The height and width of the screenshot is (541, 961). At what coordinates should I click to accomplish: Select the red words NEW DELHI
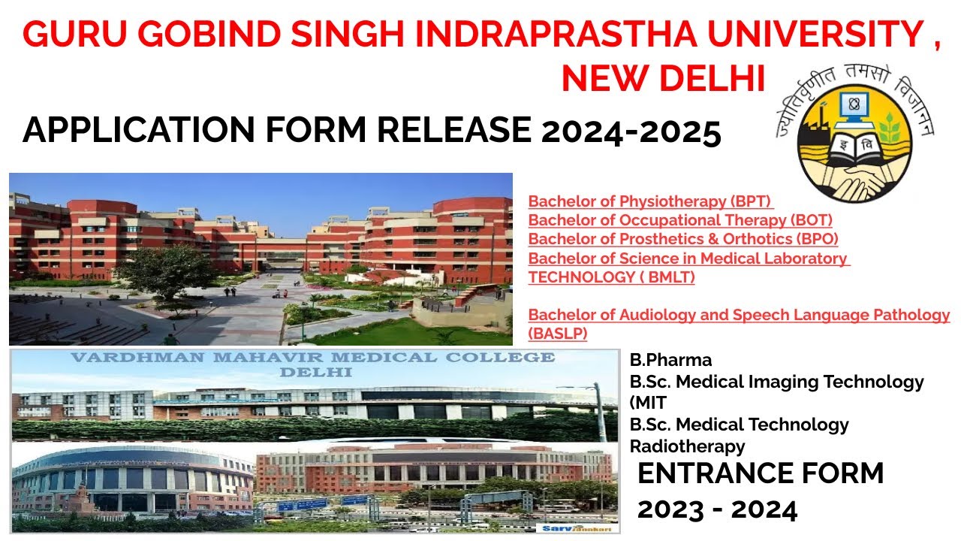(x=663, y=78)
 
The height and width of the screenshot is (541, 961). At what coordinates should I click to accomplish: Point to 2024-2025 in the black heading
(x=631, y=131)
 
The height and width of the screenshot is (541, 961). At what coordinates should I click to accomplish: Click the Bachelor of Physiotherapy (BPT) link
(x=650, y=201)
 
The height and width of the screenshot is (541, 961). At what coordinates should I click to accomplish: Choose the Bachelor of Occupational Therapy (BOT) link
(x=680, y=220)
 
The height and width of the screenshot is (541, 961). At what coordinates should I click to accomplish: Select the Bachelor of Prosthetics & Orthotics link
(x=683, y=239)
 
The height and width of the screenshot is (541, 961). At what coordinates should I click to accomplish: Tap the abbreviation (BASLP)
(x=558, y=334)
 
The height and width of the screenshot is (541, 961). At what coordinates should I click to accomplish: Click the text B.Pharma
(x=670, y=360)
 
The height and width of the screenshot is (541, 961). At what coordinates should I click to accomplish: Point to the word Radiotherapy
(x=687, y=446)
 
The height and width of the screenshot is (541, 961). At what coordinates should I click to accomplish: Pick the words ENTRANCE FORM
(x=761, y=474)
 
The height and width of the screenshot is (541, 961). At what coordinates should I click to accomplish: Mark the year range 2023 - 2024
(x=717, y=510)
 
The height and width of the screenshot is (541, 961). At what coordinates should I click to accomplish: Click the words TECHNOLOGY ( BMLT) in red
(x=611, y=277)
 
